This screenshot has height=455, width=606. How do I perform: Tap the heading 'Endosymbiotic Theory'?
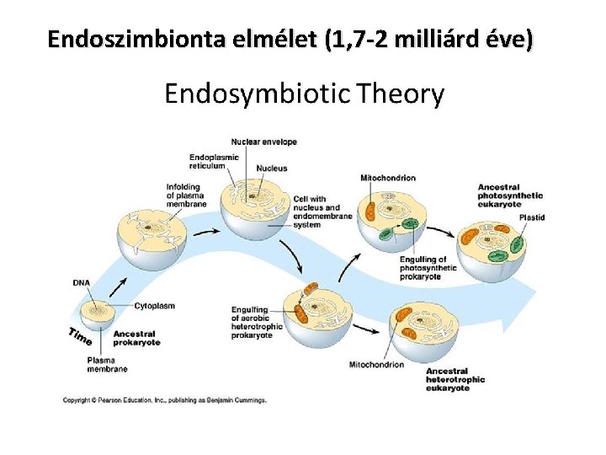click(304, 94)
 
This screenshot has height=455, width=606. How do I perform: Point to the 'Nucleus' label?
click(271, 169)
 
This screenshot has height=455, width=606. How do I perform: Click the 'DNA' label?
click(82, 283)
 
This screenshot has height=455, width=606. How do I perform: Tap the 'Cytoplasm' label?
click(154, 305)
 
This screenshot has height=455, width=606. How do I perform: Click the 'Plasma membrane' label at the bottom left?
click(107, 365)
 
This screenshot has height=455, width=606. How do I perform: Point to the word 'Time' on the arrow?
click(81, 335)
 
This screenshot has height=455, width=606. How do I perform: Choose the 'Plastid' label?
click(531, 217)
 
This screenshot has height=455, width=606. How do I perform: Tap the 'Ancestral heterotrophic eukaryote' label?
click(455, 380)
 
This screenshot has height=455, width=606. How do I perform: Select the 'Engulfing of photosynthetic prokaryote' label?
click(428, 268)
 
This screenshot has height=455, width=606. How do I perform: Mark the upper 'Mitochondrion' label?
click(387, 178)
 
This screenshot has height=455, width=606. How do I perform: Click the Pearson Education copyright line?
click(165, 400)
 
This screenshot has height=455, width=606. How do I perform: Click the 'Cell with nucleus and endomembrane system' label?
click(317, 212)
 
